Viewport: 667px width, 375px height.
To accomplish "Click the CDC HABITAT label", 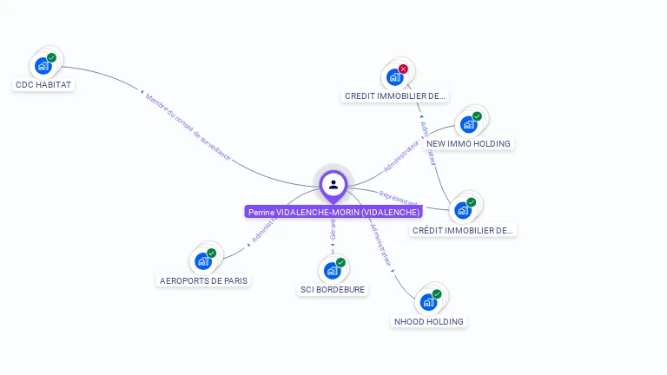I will [x=43, y=85].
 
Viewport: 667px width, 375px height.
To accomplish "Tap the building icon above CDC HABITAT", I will [x=43, y=66].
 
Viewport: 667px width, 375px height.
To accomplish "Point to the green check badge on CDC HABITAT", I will [x=52, y=57].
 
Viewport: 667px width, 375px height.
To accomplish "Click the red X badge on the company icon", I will [x=403, y=69].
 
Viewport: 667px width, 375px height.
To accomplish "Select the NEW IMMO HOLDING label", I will [x=469, y=143].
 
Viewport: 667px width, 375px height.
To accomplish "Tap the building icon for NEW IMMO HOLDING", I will [x=468, y=124].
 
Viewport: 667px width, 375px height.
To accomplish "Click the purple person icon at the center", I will [x=333, y=184].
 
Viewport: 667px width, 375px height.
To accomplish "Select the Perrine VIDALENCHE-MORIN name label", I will [x=333, y=212].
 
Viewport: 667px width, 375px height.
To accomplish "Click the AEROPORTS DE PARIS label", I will [x=204, y=280].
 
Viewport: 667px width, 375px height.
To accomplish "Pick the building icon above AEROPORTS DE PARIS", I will [x=203, y=261].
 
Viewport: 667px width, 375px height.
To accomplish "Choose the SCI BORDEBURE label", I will [x=333, y=289].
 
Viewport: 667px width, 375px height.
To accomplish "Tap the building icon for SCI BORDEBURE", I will [x=332, y=270].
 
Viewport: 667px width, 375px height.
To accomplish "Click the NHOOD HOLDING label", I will [x=429, y=321].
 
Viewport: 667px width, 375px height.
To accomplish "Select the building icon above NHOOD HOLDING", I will [x=428, y=302].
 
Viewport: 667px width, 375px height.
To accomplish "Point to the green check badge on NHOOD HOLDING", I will [x=437, y=293].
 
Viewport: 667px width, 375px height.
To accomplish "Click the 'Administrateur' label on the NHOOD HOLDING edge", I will [x=381, y=244].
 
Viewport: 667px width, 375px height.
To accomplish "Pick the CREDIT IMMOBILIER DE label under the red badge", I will [x=396, y=96].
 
